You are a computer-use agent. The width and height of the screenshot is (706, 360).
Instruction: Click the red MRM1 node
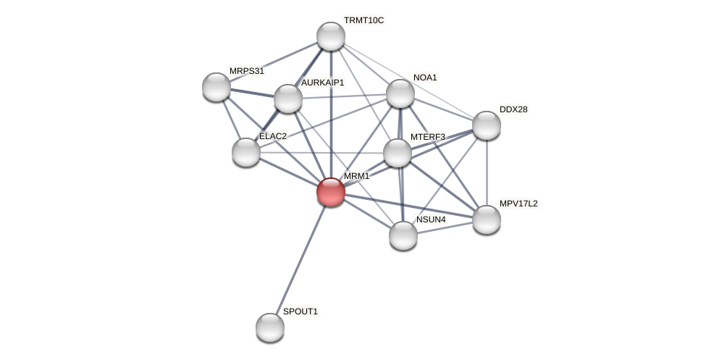331,192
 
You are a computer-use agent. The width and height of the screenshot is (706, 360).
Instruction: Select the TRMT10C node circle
331,36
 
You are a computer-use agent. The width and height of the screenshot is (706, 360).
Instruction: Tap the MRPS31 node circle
217,87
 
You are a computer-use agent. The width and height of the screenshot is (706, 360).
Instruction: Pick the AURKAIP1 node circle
287,99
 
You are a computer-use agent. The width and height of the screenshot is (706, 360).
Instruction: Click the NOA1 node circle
400,93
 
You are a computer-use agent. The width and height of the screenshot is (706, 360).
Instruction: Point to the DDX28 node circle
487,125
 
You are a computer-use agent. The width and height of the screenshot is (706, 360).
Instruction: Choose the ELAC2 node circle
246,152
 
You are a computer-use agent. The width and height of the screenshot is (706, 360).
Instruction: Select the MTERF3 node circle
397,153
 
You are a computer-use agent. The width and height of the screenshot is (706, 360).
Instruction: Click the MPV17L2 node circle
487,219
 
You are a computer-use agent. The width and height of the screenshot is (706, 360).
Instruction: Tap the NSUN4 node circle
403,235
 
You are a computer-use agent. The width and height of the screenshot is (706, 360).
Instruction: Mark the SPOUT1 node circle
270,327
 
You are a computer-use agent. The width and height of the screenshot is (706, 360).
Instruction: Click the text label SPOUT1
300,311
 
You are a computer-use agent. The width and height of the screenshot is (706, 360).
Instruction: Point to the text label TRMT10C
363,20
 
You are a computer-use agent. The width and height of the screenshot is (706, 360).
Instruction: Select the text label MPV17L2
518,204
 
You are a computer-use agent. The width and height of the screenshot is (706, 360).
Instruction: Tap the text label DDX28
513,109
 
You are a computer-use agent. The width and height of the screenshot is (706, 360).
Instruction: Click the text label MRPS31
247,71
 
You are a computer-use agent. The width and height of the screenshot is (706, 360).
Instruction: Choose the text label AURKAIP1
322,83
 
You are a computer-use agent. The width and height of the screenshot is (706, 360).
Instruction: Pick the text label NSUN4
431,219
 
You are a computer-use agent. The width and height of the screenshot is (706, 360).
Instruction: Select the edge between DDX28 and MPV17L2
487,172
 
